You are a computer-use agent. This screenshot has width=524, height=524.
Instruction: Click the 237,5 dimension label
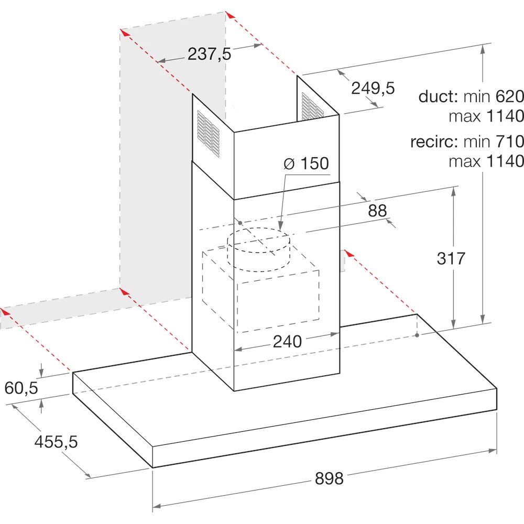(x=209, y=53)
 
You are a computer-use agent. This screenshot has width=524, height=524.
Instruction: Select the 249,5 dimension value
(x=373, y=88)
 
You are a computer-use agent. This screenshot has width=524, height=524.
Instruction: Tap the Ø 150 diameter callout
(x=307, y=163)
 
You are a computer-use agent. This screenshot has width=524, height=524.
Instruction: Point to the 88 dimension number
(x=377, y=211)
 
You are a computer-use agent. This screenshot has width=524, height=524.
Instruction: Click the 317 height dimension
(x=451, y=258)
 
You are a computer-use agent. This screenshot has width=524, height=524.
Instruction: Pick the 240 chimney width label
(x=287, y=342)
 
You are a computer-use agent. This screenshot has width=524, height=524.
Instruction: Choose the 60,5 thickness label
(x=21, y=388)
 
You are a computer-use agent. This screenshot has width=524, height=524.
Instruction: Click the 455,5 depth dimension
(x=56, y=442)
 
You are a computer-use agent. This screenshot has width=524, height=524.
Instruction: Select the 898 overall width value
(x=329, y=478)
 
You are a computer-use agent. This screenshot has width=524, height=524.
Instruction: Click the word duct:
(x=438, y=96)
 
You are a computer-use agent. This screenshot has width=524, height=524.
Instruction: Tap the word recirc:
(x=434, y=141)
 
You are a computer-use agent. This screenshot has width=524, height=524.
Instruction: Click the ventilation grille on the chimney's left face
(x=209, y=134)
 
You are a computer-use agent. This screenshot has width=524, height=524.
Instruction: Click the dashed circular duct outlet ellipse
(x=258, y=240)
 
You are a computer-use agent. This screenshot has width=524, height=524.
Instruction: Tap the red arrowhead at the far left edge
(x=5, y=311)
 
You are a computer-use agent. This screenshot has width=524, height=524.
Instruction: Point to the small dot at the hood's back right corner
(x=417, y=335)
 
